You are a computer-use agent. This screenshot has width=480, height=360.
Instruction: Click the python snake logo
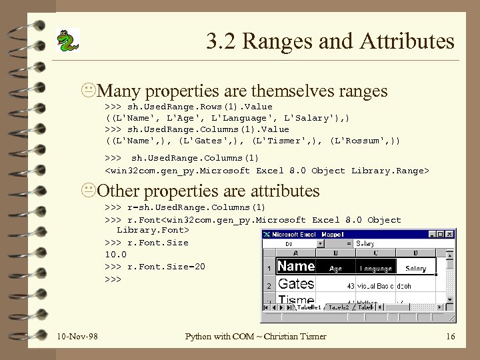point(67,41)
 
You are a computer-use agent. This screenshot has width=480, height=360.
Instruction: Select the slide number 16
point(450,336)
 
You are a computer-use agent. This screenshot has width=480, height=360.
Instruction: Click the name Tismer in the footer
point(311,336)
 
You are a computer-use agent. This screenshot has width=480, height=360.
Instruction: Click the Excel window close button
point(451,234)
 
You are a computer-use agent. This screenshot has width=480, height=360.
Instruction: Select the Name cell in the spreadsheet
point(295,267)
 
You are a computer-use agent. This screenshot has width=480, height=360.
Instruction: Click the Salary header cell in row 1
point(416,268)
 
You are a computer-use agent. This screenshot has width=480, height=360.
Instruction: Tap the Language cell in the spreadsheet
point(375,268)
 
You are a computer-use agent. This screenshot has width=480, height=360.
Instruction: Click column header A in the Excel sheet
point(296,253)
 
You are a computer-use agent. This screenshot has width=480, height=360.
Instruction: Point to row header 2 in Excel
point(268,285)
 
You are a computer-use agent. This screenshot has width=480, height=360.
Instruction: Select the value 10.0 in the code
point(115,254)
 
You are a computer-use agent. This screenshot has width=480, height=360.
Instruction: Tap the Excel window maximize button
point(441,234)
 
